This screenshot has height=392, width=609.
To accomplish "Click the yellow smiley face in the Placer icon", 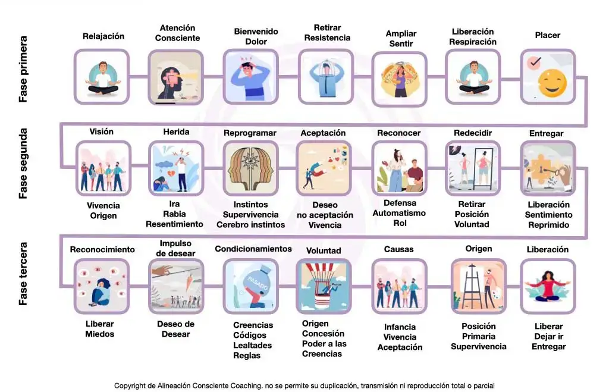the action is click(553, 83).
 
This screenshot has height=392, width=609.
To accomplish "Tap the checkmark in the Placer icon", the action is click(535, 62).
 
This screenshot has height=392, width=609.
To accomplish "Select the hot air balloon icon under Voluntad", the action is click(324, 286).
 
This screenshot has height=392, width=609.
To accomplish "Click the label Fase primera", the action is click(23, 69).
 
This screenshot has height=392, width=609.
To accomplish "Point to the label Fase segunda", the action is click(23, 164).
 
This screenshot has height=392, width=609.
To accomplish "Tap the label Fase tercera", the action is click(23, 274).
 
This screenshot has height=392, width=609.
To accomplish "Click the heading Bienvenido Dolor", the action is click(256, 36).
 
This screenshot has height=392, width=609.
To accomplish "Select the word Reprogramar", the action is click(250, 133).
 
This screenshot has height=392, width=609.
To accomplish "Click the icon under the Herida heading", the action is click(176, 168).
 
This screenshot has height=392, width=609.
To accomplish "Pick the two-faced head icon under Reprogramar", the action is click(250, 168).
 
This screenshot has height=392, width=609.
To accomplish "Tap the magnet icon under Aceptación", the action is click(324, 168).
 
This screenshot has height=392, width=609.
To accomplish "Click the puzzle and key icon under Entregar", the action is click(548, 168).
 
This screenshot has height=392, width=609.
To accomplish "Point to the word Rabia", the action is click(174, 214).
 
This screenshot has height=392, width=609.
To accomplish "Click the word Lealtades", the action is click(252, 346).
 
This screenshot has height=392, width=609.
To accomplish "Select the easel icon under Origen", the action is click(479, 286).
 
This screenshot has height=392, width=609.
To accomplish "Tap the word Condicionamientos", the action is click(253, 249).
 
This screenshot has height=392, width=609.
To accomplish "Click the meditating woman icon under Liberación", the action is click(548, 286).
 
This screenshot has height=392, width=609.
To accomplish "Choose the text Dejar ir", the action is click(548, 337).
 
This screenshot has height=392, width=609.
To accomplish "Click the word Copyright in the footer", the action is click(130, 386).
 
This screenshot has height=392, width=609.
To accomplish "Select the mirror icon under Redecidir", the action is click(473, 168).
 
